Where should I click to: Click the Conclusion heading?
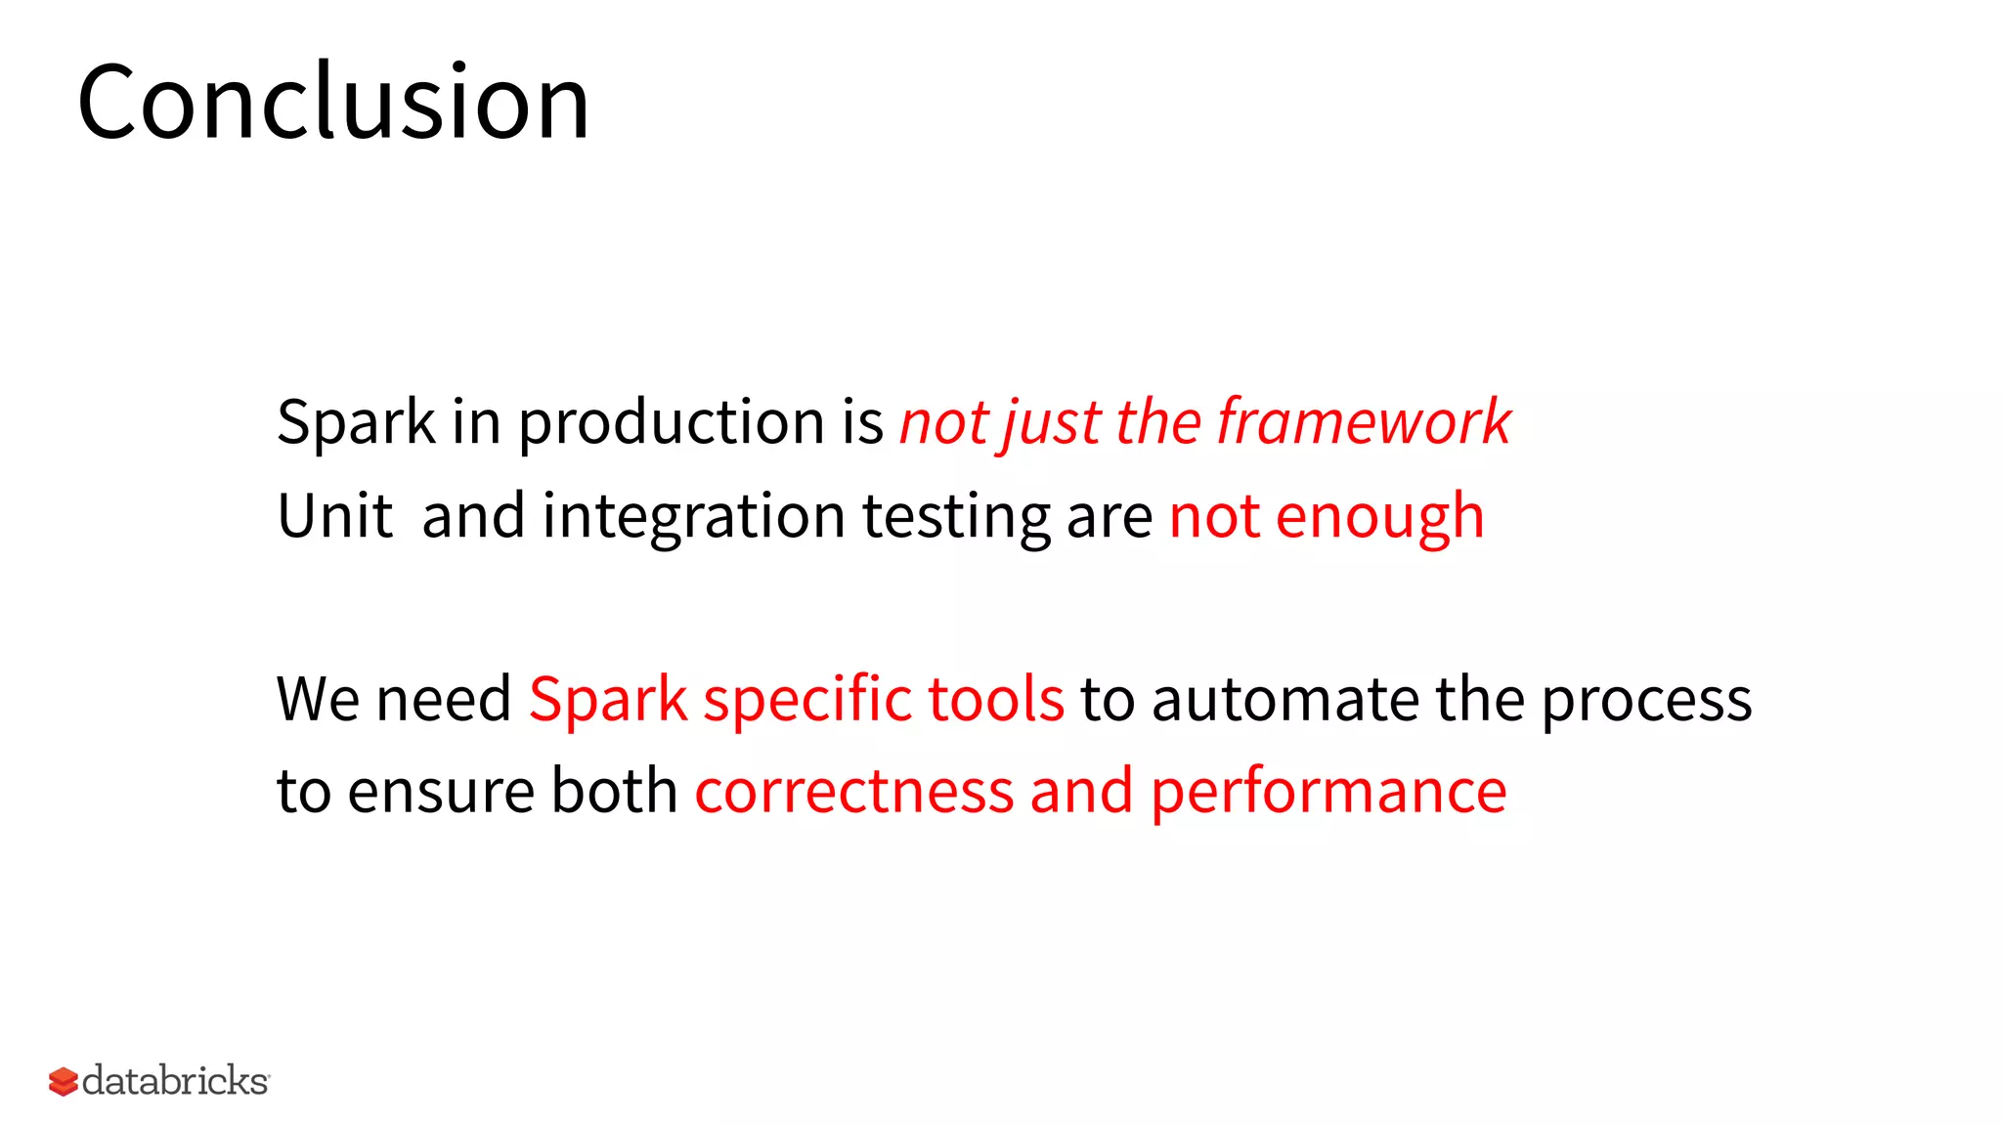[333, 102]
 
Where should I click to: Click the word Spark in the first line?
[356, 422]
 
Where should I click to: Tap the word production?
[672, 422]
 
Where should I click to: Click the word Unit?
[334, 516]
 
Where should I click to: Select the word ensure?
[441, 792]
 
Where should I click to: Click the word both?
[614, 790]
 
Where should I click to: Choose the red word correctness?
[853, 792]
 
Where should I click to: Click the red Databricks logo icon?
[63, 1081]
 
